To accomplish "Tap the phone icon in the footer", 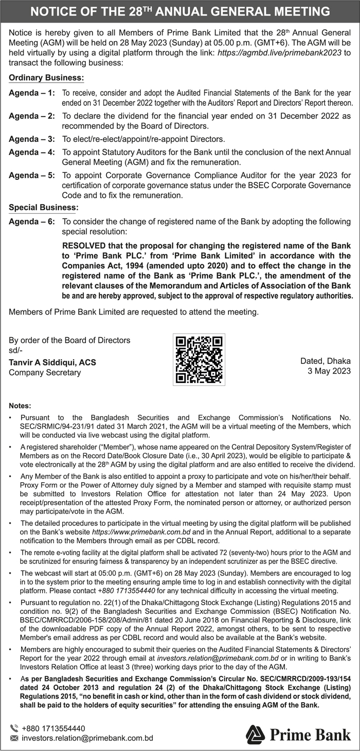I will coord(14,728).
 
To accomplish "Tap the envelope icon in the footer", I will coord(14,739).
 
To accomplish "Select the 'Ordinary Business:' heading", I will coord(46,78).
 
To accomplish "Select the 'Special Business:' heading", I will coord(44,208).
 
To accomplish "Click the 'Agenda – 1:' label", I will coord(32,94).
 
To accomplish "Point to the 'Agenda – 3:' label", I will coord(32,139).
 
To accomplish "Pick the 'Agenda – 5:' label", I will coord(32,175).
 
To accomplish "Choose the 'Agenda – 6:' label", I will coord(32,222).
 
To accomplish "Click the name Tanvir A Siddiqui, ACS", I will coord(52,362).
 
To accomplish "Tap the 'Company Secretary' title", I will coord(45,372).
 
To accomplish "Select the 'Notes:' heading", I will coord(20,406).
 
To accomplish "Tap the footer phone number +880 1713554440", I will coord(53,728).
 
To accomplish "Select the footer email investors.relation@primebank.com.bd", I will coord(87,739).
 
